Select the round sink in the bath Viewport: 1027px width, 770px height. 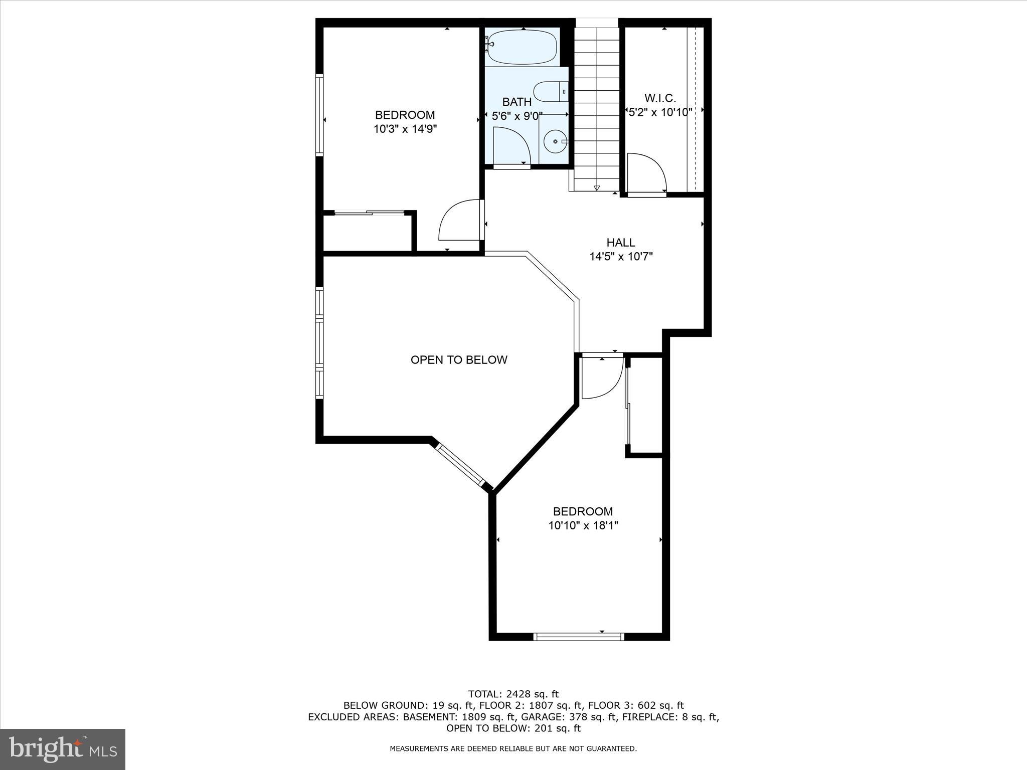(x=555, y=142)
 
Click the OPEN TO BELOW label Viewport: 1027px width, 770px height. (x=459, y=359)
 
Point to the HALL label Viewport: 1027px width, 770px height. (x=621, y=242)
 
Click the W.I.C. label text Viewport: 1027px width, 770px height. (x=660, y=98)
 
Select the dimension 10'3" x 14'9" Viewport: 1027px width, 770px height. (x=405, y=129)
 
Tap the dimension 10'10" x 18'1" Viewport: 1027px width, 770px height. (x=583, y=525)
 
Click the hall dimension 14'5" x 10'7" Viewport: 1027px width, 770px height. (x=621, y=257)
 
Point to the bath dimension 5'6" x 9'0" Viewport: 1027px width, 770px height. (x=517, y=116)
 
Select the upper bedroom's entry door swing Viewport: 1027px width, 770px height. (x=459, y=221)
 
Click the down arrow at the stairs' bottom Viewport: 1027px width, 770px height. (x=596, y=188)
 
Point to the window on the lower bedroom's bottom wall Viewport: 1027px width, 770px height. (x=579, y=637)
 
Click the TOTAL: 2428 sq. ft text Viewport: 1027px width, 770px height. (x=513, y=694)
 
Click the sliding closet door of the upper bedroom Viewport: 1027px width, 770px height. (x=370, y=213)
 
